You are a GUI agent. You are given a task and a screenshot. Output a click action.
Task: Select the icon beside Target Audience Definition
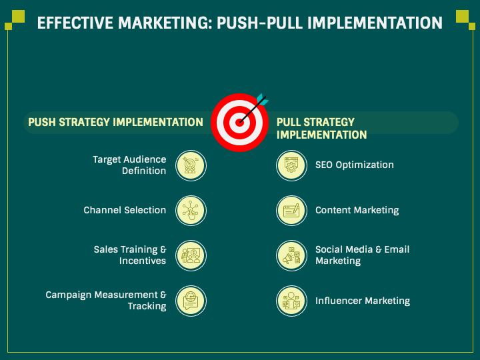tap(191, 165)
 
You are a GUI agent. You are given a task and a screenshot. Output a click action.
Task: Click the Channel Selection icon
tap(191, 210)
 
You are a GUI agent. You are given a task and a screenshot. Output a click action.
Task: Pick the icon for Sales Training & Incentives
tap(191, 255)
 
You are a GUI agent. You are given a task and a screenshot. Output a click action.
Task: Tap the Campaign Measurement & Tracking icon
tap(191, 301)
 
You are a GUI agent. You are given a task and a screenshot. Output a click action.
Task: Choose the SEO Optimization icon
tap(291, 165)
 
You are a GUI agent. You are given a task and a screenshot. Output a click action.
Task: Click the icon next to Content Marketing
tap(291, 210)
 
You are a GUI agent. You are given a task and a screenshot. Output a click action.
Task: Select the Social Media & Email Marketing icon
tap(291, 255)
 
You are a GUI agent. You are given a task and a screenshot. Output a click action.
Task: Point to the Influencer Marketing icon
tap(291, 301)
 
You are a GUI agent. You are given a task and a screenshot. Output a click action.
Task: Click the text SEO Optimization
tap(354, 165)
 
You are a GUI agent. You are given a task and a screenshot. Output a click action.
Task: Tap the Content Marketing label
tap(357, 210)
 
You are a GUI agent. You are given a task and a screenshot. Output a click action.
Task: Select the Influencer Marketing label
tap(362, 301)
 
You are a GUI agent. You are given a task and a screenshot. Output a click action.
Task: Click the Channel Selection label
tap(125, 210)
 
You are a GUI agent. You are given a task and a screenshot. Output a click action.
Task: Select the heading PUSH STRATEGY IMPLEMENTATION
tap(115, 122)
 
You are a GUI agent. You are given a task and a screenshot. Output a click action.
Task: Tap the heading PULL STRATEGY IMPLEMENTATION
tap(321, 128)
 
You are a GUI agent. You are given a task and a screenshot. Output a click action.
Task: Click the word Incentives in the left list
tap(143, 261)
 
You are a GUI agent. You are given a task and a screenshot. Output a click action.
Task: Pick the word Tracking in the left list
tap(147, 306)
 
